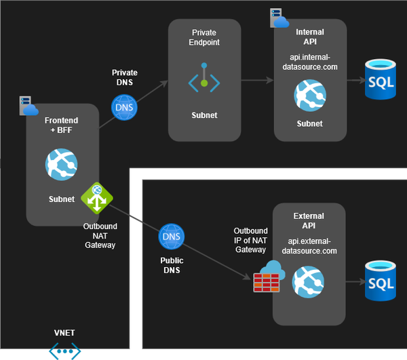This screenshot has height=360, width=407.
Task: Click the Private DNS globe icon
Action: pos(125,107)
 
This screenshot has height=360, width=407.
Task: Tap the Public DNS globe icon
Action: pos(172,237)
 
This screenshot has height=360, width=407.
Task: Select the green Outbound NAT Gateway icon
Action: pos(97,198)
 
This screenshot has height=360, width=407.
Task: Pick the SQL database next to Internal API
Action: pos(381,80)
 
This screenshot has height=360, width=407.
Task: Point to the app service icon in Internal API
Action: pos(309,96)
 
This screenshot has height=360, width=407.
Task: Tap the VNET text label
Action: pos(64,333)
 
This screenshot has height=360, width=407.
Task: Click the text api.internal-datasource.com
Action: pos(309,62)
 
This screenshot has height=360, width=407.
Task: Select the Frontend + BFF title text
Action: pos(61,125)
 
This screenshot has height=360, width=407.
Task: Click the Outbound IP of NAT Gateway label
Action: pos(250,241)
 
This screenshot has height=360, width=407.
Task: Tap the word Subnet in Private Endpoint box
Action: pos(204,115)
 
